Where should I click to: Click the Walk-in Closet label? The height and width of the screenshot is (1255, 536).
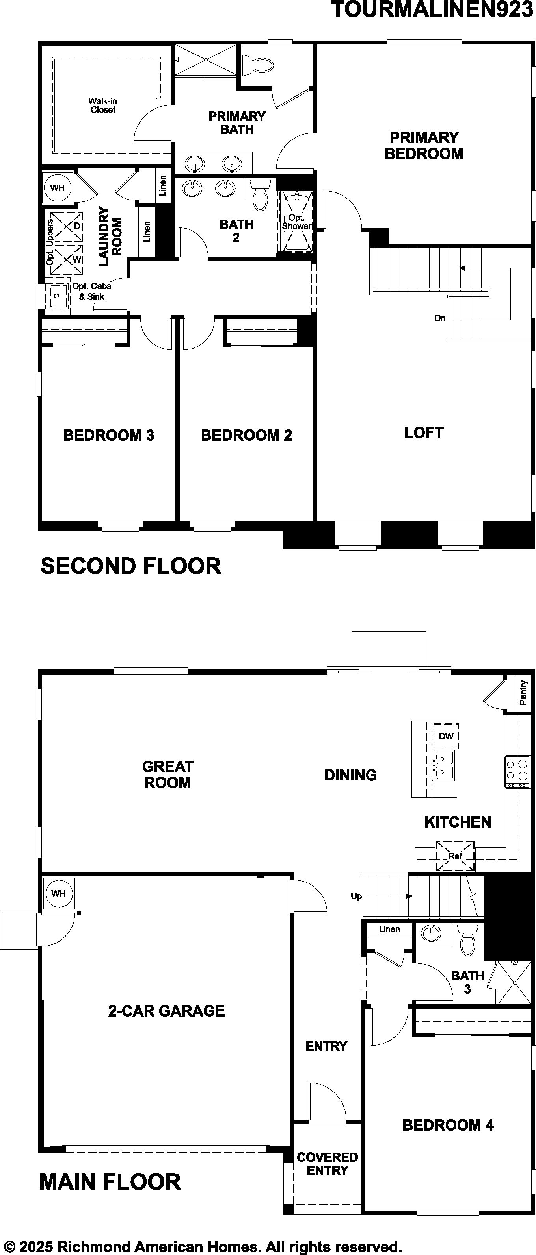102,105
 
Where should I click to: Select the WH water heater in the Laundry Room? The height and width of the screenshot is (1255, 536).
57,188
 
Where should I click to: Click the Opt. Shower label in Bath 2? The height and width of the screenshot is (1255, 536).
296,222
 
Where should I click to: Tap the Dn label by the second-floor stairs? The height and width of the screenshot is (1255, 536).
440,318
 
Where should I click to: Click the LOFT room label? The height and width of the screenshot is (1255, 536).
424,433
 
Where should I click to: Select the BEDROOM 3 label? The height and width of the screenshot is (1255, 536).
109,435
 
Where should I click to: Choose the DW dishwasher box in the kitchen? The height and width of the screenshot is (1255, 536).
446,736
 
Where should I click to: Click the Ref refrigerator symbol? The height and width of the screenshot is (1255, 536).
455,856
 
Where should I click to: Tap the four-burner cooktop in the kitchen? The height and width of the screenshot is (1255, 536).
517,772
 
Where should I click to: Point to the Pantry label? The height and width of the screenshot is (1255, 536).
523,693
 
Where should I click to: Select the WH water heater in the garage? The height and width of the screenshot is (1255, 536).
58,893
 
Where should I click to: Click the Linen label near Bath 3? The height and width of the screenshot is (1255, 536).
389,929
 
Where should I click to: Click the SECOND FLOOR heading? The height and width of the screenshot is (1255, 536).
131,566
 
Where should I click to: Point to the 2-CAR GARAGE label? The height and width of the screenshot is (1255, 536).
166,1011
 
